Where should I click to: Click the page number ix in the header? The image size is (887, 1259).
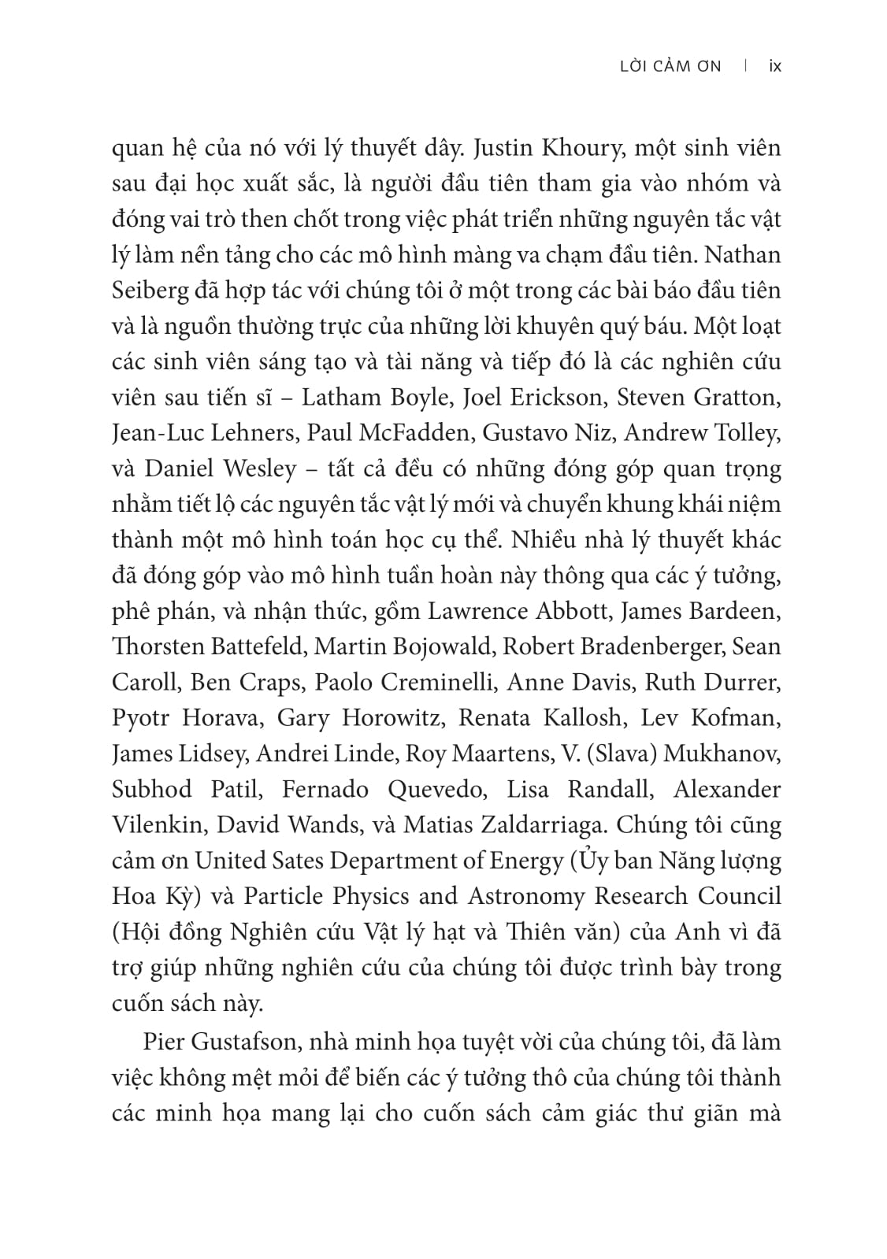[774, 66]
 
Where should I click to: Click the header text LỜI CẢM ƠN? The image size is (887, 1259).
[670, 66]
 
